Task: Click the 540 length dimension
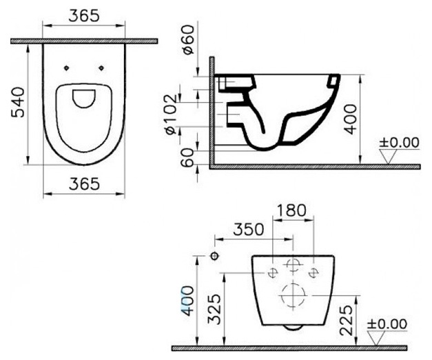pos(18,103)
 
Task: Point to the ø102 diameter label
pos(171,114)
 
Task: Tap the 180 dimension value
pos(291,211)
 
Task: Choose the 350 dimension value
pos(249,230)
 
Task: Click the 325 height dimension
pos(215,309)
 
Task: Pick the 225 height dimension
pos(347,320)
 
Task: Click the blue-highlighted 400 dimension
pos(187,300)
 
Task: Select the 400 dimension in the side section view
pos(351,119)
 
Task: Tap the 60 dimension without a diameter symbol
pos(188,157)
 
